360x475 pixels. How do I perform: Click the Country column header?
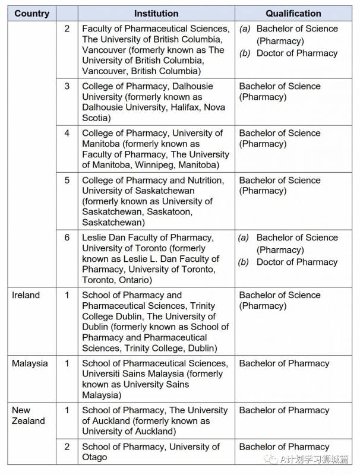coord(32,13)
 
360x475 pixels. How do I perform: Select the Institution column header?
coord(156,13)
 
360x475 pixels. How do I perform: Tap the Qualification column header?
coord(293,13)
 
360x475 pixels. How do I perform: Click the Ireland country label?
coord(26,295)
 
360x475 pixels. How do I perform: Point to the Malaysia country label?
coord(30,363)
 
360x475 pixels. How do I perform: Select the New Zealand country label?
coord(28,416)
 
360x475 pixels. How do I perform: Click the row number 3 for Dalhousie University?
coord(67,86)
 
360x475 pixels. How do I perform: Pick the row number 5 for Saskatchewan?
coord(67,180)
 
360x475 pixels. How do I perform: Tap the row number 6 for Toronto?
coord(67,237)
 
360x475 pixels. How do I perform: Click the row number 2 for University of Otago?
coord(67,447)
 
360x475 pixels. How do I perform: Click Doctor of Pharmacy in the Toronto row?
coord(296,262)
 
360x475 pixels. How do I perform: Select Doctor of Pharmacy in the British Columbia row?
coord(296,53)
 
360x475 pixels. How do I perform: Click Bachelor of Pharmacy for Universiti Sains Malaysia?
coord(284,363)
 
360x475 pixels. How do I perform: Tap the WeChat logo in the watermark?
coord(271,460)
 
